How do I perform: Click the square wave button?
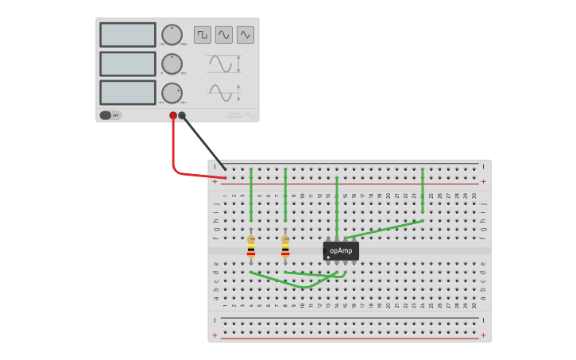(x=203, y=35)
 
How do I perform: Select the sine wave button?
(x=224, y=35)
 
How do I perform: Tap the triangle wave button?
(x=245, y=35)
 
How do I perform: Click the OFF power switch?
(x=110, y=115)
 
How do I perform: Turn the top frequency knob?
(x=172, y=35)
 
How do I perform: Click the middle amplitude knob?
(x=172, y=64)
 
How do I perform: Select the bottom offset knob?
(x=172, y=93)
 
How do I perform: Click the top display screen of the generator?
(x=127, y=35)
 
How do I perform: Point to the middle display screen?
(x=127, y=64)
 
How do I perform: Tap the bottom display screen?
(x=127, y=92)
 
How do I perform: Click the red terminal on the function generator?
(x=173, y=116)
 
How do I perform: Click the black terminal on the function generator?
(x=182, y=116)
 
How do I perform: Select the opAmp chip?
(x=341, y=251)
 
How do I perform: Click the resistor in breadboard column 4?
(x=251, y=248)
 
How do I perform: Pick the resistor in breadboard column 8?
(x=285, y=248)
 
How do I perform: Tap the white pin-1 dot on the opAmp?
(x=328, y=257)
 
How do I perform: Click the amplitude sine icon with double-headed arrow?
(x=223, y=64)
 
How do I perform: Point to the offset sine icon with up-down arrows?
(x=223, y=92)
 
